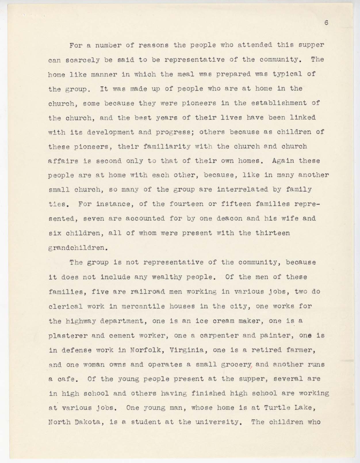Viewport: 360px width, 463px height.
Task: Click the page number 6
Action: click(x=326, y=23)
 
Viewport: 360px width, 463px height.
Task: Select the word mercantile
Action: click(x=143, y=306)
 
